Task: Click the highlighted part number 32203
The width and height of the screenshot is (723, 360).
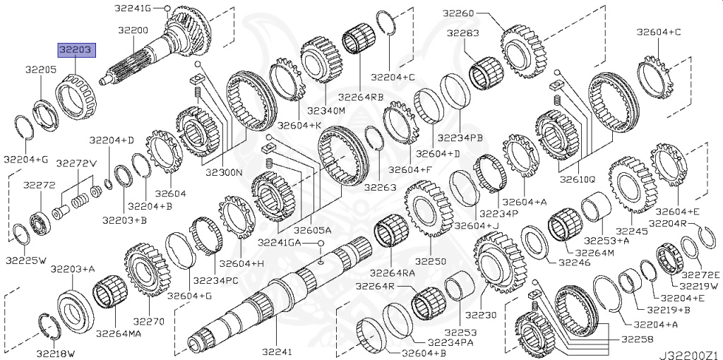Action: tap(77, 51)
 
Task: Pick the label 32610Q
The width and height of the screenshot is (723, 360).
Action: tap(577, 179)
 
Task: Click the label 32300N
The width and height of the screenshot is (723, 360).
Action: tap(224, 172)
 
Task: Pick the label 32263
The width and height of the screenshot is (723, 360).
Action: tap(381, 188)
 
